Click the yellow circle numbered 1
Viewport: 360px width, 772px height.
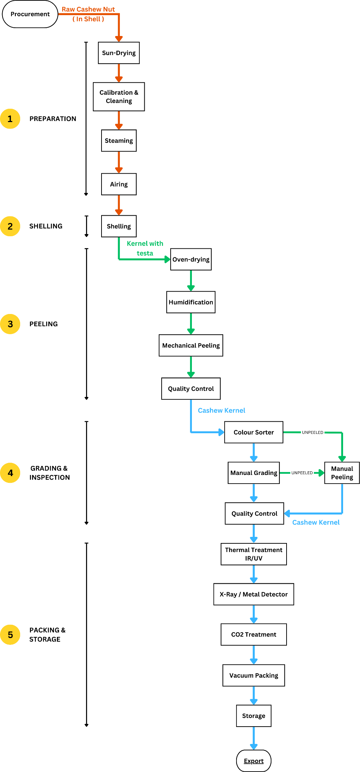pyautogui.click(x=10, y=119)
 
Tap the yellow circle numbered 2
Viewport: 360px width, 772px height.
pyautogui.click(x=10, y=226)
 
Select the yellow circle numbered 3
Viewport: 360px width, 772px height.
pyautogui.click(x=10, y=324)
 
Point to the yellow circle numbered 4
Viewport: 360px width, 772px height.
pyautogui.click(x=10, y=473)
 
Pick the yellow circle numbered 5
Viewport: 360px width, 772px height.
pyautogui.click(x=10, y=635)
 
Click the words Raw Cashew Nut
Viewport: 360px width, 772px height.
pyautogui.click(x=88, y=9)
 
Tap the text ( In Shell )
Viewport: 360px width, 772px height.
pyautogui.click(x=88, y=19)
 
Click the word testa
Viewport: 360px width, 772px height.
pyautogui.click(x=145, y=253)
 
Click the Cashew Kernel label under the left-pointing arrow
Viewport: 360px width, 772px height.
pyautogui.click(x=316, y=522)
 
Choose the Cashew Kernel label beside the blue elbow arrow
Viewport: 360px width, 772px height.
pyautogui.click(x=221, y=410)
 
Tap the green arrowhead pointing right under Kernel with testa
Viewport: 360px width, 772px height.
pyautogui.click(x=167, y=259)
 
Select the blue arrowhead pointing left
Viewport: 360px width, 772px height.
pyautogui.click(x=287, y=513)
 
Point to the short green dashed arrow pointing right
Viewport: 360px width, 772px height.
pyautogui.click(x=319, y=473)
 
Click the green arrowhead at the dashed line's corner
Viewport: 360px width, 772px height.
pyautogui.click(x=342, y=458)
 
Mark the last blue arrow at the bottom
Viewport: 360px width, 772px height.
pyautogui.click(x=254, y=738)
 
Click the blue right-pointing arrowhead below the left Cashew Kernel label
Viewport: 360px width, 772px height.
pyautogui.click(x=221, y=432)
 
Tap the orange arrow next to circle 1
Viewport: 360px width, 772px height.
pyautogui.click(x=119, y=121)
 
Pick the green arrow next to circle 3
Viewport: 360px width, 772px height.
pyautogui.click(x=191, y=324)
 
